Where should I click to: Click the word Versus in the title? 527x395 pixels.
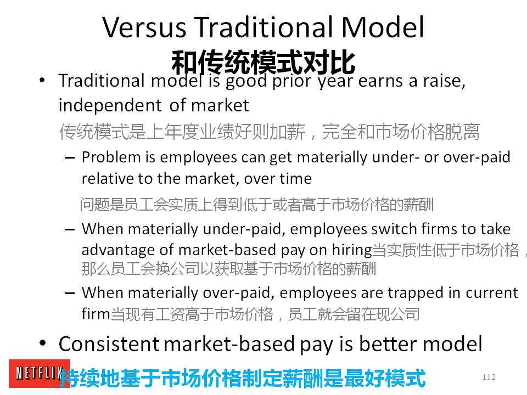coord(144,27)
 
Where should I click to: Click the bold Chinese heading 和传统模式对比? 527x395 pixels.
coord(263,62)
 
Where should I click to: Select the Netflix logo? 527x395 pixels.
coord(40,373)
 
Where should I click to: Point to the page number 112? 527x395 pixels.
coord(489,377)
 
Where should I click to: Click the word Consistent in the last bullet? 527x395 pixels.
coord(109,344)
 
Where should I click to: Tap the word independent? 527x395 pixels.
coord(110,105)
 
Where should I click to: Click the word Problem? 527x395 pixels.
coord(111,157)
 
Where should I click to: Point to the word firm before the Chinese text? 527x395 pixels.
coord(96,314)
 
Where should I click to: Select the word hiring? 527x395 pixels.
coord(352,251)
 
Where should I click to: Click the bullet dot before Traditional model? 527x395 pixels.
coord(42,80)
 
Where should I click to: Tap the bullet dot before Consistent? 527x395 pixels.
coord(42,343)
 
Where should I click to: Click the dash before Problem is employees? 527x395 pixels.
coord(70,158)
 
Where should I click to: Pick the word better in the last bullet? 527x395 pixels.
coord(388,344)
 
